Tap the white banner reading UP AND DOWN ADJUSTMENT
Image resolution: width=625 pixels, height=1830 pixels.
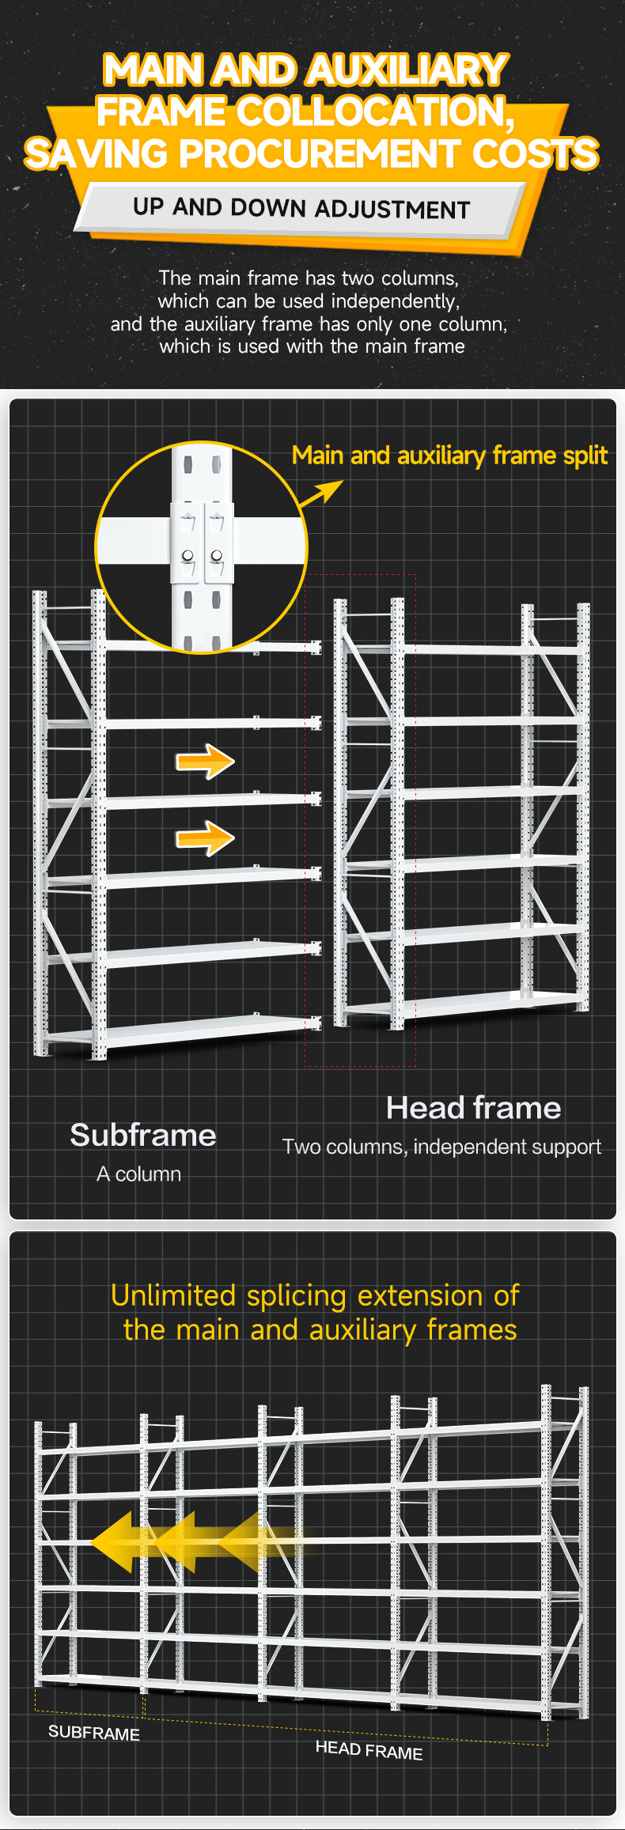coord(301,209)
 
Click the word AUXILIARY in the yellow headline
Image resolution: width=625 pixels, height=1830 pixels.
coord(407,70)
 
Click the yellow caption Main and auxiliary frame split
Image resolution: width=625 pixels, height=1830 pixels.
coord(449,456)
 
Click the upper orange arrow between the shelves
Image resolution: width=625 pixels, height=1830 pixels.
coord(205,762)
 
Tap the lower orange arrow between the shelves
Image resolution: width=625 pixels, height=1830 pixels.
coord(205,837)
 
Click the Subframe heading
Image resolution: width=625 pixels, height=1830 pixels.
coord(143,1135)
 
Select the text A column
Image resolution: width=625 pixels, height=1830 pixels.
coord(138,1174)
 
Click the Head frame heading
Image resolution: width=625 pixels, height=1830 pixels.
coord(474,1108)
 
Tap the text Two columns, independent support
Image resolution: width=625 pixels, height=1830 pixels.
coord(441,1147)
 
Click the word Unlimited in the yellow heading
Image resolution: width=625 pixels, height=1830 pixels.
coord(173,1295)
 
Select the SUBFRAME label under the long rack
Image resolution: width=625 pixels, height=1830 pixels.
coord(94,1733)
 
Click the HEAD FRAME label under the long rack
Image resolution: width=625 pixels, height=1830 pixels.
coord(369,1749)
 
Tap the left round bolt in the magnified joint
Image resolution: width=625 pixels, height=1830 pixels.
coord(187,555)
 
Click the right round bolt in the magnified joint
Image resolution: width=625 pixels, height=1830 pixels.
coord(216,555)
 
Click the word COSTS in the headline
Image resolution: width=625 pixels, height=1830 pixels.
coord(535,153)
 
